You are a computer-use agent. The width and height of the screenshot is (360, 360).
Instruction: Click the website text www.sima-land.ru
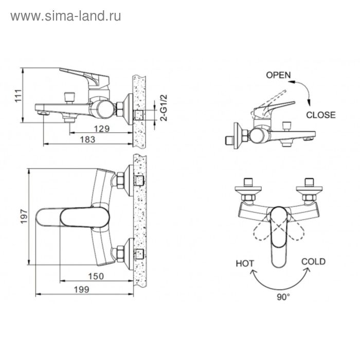click(66, 16)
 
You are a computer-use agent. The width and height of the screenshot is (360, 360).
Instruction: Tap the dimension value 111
click(19, 96)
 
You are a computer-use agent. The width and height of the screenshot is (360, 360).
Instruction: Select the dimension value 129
click(102, 129)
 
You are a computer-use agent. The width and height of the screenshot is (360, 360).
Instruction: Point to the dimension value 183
click(87, 139)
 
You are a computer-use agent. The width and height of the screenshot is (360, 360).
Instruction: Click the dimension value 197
click(24, 217)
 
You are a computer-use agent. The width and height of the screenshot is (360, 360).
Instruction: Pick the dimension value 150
click(96, 276)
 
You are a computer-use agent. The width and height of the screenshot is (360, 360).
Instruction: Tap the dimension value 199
click(81, 290)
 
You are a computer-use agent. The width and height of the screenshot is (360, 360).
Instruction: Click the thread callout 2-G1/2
click(164, 107)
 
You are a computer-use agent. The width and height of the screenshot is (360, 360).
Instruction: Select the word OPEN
click(278, 75)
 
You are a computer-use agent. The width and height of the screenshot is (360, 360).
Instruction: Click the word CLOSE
click(321, 115)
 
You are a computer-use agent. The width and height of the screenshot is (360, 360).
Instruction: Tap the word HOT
click(245, 263)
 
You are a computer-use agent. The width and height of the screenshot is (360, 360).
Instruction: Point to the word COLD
click(313, 261)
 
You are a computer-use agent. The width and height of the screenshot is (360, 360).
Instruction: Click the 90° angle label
click(283, 297)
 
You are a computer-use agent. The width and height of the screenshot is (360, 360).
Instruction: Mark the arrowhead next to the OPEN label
click(292, 82)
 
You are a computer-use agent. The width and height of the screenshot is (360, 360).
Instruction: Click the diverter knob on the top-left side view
click(69, 98)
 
